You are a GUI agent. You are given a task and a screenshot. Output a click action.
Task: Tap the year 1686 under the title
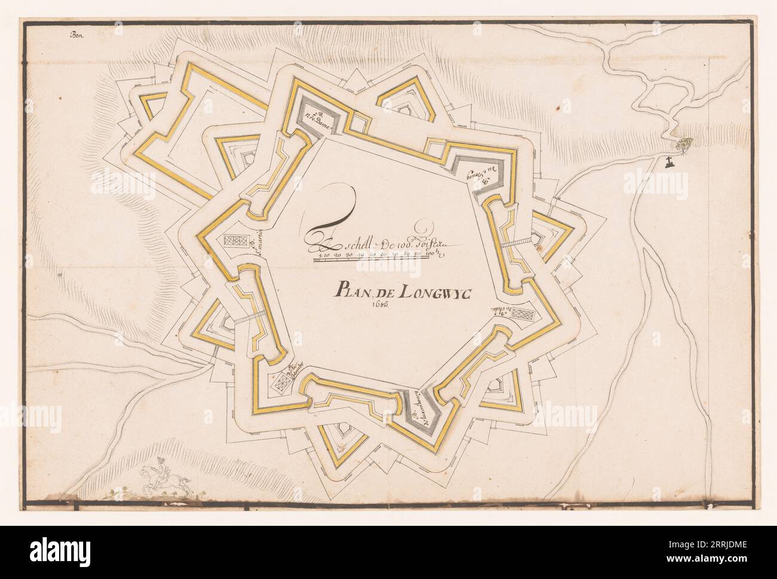coord(380,305)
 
